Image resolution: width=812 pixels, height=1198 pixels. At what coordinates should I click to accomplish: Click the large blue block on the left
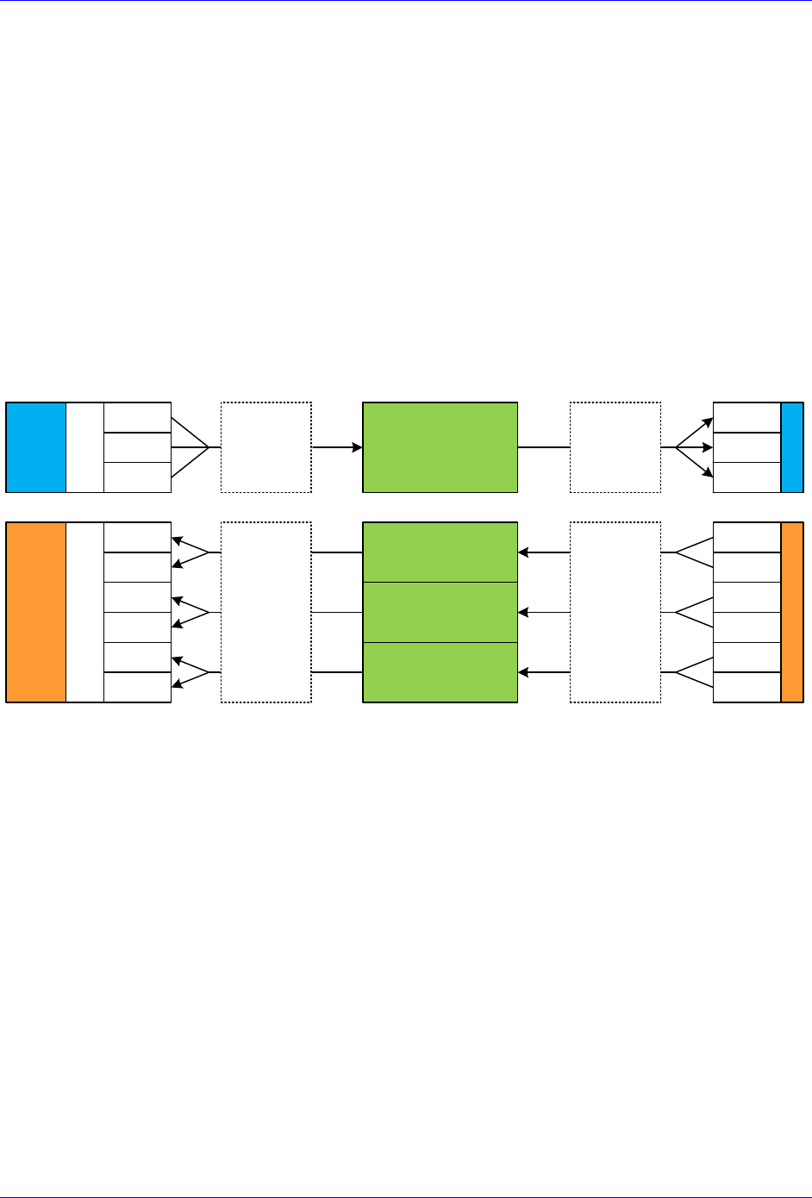point(36,447)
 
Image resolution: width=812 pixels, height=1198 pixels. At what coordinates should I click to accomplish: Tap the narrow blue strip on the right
point(792,447)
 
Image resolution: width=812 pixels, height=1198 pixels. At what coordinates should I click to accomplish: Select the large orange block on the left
point(36,612)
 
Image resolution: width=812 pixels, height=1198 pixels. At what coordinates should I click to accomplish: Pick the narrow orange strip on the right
point(792,612)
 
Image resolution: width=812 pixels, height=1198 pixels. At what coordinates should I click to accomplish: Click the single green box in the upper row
point(440,447)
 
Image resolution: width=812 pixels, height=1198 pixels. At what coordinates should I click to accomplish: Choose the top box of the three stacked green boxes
point(440,552)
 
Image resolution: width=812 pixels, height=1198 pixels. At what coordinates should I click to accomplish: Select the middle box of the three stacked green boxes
point(440,612)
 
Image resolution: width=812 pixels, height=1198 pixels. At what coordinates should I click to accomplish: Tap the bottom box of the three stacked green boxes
point(440,672)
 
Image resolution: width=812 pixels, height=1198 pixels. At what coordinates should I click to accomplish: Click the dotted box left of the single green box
point(266,447)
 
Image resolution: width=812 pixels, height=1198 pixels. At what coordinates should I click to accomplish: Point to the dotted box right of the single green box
point(615,447)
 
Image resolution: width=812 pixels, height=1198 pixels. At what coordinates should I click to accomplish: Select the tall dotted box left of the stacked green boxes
point(266,612)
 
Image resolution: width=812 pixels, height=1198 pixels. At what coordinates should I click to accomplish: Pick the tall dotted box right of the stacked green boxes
point(615,612)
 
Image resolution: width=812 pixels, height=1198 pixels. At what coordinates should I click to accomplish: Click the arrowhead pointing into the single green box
point(357,447)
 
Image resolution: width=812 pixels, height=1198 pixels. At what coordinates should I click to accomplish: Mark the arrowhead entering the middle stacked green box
point(523,613)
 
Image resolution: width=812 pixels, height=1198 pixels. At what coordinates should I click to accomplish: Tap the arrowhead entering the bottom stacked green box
point(523,672)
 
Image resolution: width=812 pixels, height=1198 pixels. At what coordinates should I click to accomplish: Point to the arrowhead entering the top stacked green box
point(523,552)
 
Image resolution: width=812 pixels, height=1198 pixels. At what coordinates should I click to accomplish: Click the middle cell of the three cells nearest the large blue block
point(137,447)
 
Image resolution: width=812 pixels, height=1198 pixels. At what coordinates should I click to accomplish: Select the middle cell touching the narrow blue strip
point(746,447)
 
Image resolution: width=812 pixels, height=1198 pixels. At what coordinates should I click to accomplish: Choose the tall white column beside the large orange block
point(84,612)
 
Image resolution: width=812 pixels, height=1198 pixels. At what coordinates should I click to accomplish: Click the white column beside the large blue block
point(84,447)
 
